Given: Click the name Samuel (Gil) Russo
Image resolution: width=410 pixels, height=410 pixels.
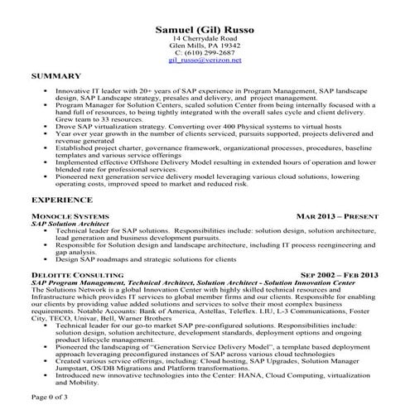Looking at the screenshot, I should coord(205,30).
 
